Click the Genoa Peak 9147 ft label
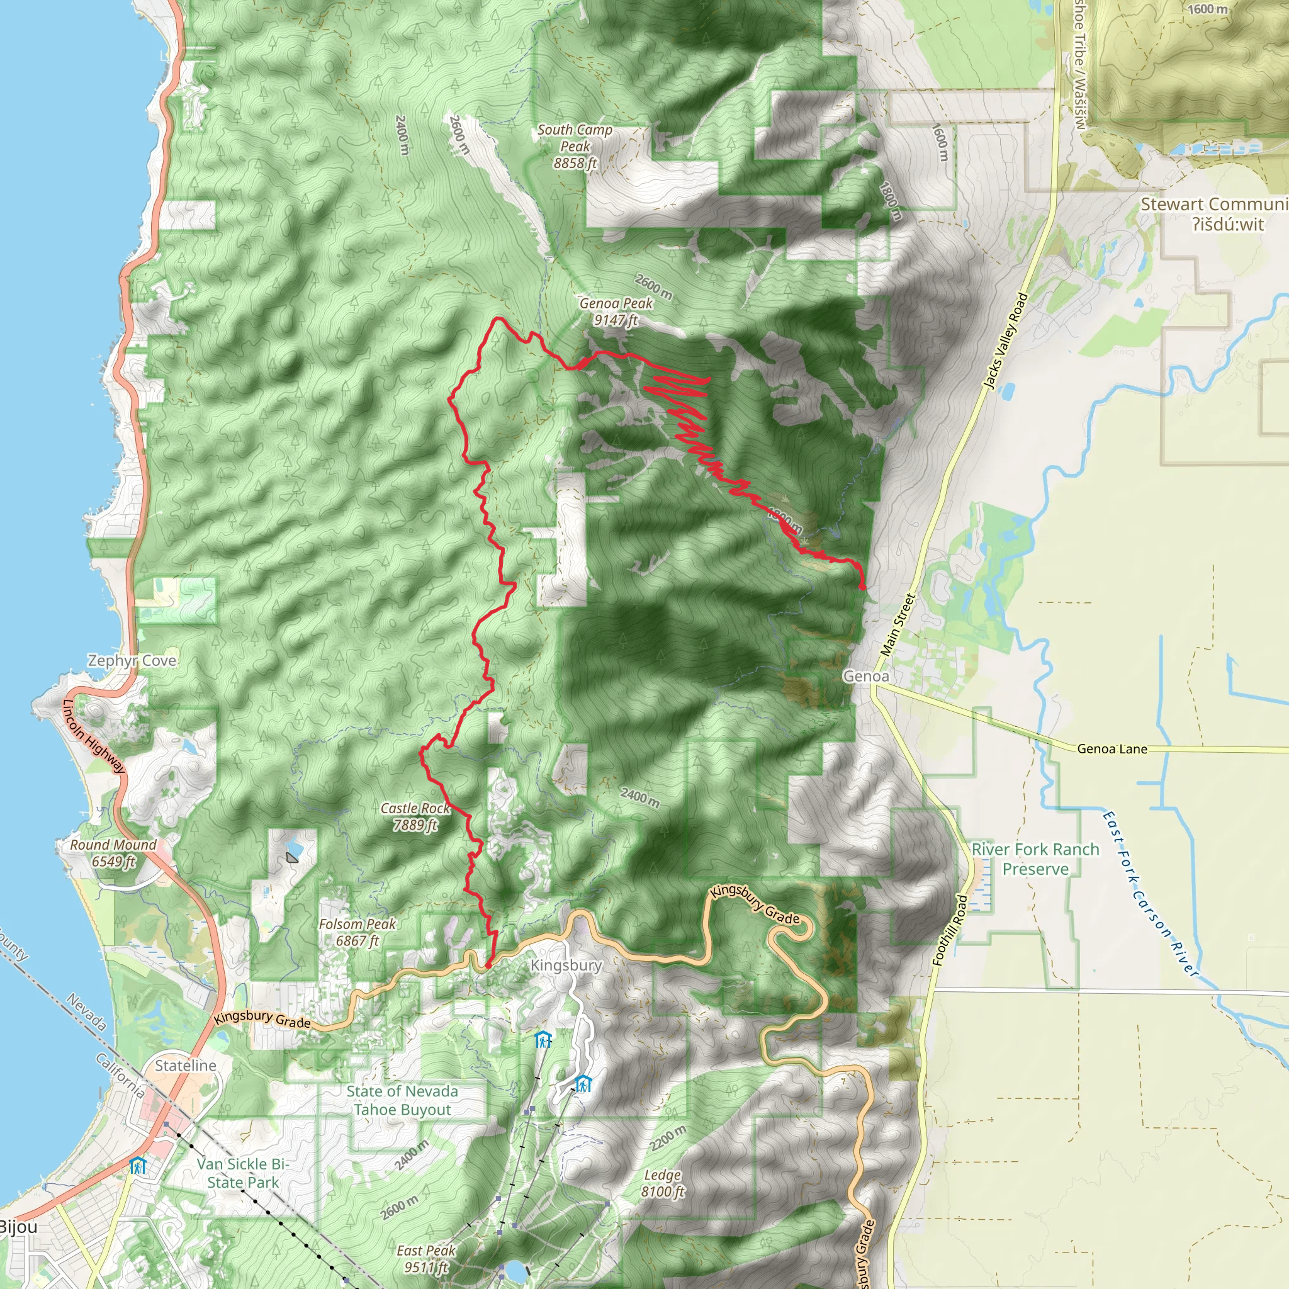(615, 312)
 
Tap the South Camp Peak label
(575, 146)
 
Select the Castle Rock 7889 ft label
(415, 816)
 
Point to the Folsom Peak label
(357, 932)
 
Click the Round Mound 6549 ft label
(113, 853)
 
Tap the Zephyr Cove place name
(132, 660)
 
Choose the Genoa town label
(865, 677)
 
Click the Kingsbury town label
(566, 965)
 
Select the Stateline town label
(186, 1066)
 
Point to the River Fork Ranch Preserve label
(1035, 858)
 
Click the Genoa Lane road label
(1112, 749)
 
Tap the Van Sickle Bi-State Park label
(243, 1173)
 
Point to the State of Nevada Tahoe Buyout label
(402, 1100)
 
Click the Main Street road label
(898, 624)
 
